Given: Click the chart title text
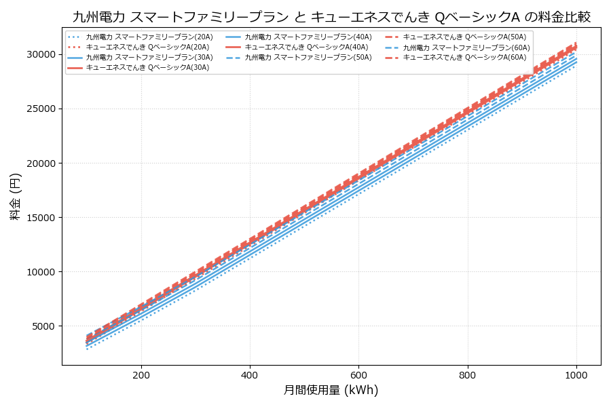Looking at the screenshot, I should (x=331, y=17).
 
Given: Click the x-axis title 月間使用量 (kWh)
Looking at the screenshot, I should (x=331, y=390).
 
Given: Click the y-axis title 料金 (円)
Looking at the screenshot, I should (x=15, y=196).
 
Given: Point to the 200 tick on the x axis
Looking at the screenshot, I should (x=141, y=374).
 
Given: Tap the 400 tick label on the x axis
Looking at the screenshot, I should (x=250, y=374).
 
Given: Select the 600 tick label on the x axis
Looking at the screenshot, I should (x=358, y=374).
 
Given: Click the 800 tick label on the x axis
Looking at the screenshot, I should (x=468, y=374).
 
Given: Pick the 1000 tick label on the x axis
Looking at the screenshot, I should (x=576, y=374).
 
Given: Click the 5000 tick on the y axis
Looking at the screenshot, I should (x=43, y=326).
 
